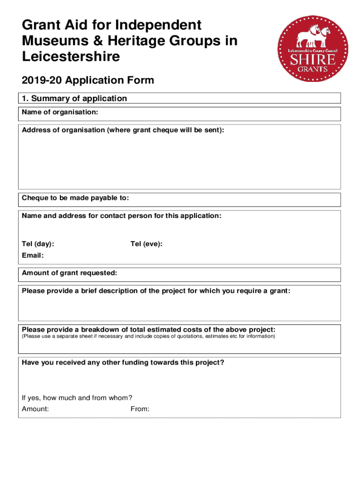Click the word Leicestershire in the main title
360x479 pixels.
tap(71, 57)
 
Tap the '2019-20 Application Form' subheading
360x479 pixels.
tap(88, 80)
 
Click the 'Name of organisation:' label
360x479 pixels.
tap(60, 112)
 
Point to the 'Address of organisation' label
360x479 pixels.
tap(123, 130)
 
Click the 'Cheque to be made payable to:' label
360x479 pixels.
tap(75, 198)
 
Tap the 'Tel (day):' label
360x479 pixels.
tap(38, 244)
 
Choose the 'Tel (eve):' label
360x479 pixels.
tap(146, 244)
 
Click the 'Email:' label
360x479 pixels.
tap(33, 255)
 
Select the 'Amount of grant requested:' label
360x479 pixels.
tap(70, 273)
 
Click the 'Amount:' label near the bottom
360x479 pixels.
tap(36, 409)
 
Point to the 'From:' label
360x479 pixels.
tap(140, 409)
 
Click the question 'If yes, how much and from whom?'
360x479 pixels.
tap(77, 398)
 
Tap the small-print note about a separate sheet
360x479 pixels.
tap(149, 336)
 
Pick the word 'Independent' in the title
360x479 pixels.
tap(159, 25)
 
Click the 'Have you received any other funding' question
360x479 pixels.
tap(123, 362)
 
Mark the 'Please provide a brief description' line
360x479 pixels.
tap(156, 291)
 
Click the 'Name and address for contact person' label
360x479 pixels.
tap(122, 216)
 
